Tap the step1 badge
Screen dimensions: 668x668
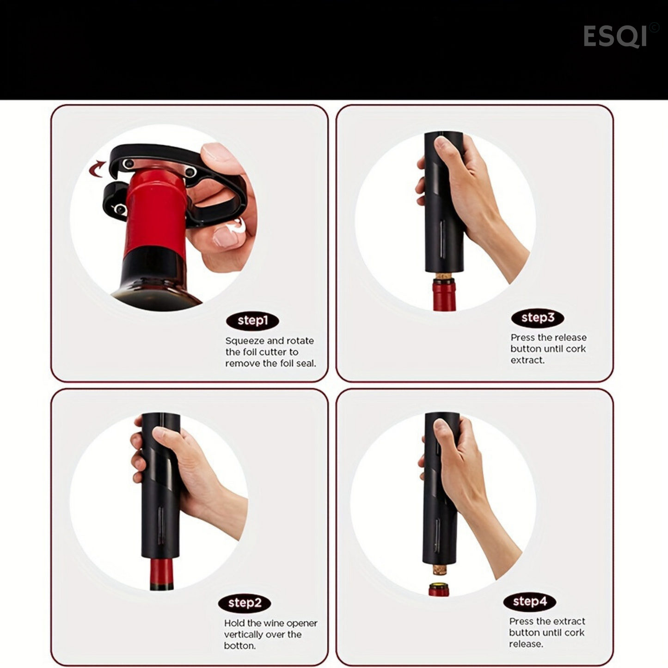(x=252, y=321)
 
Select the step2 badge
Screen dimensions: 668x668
(x=245, y=603)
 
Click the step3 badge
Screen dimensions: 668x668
(x=538, y=318)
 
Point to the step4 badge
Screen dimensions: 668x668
(x=530, y=601)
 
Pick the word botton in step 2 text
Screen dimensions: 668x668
(x=239, y=646)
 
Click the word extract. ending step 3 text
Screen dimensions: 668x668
(x=527, y=360)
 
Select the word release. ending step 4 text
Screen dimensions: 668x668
(x=526, y=644)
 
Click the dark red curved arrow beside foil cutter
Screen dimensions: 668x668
(x=98, y=169)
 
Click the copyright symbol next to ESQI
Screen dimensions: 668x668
(x=654, y=28)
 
